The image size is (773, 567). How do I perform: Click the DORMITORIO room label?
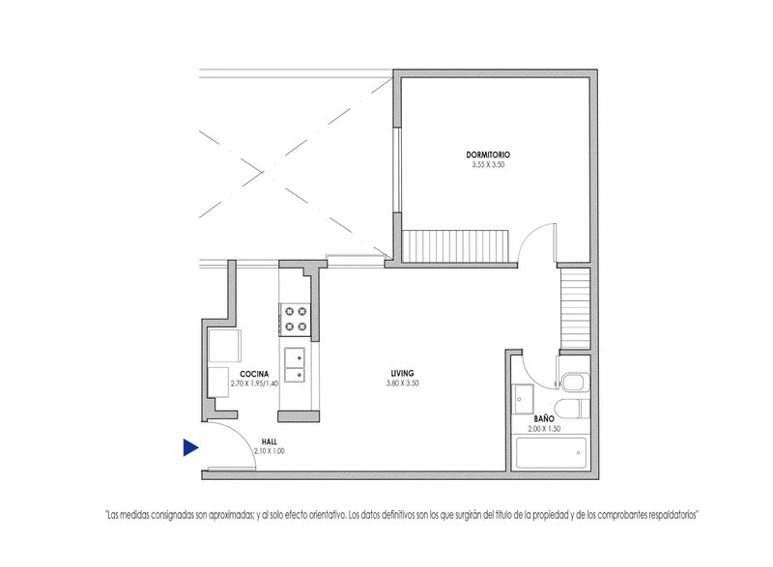coord(488,156)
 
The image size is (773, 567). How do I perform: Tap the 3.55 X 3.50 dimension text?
coord(488,165)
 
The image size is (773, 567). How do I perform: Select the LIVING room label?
coord(402,374)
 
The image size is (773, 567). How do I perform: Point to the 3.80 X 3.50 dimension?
coord(402,383)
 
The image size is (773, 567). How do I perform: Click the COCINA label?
coord(254,375)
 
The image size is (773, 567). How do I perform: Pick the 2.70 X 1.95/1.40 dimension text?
coord(254,383)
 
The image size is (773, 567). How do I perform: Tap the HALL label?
coord(270,441)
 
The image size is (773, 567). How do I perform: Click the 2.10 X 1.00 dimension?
coord(270,451)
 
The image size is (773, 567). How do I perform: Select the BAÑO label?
coord(544,418)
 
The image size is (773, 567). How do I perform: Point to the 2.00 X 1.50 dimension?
coord(544,429)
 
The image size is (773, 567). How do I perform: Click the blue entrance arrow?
coord(190,448)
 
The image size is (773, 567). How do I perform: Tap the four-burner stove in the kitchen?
coord(295,320)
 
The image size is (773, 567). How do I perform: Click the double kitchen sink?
coord(295,365)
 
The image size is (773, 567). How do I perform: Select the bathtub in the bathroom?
coord(551,453)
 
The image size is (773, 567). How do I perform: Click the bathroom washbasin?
coord(524,399)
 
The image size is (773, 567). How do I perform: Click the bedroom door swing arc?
coord(529,235)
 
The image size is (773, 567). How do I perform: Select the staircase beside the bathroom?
coord(575,308)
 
